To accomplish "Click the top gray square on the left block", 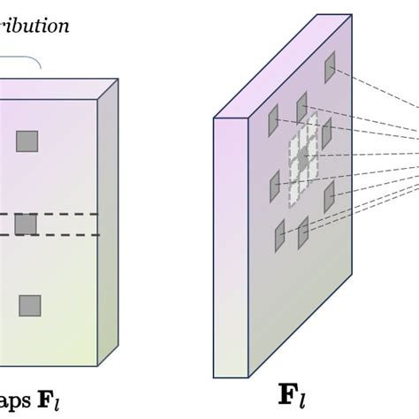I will coord(27,141).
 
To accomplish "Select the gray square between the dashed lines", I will coord(27,225).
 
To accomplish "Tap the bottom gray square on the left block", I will coord(30,306).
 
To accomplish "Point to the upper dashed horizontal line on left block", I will coord(53,214).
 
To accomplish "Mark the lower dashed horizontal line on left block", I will coord(53,235).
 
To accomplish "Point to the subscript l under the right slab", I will coord(302,400).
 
